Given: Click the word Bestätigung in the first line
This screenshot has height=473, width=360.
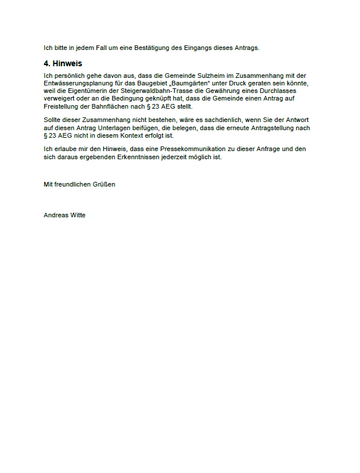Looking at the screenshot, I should [153, 48].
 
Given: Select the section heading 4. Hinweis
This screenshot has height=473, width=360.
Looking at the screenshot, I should [63, 63].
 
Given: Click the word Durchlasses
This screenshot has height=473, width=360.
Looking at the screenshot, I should [278, 91].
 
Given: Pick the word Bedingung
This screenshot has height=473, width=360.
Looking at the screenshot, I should [135, 99].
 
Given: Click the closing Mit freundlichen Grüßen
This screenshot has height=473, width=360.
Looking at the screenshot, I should [80, 184].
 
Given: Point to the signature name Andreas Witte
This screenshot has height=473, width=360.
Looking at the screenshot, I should [64, 215].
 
